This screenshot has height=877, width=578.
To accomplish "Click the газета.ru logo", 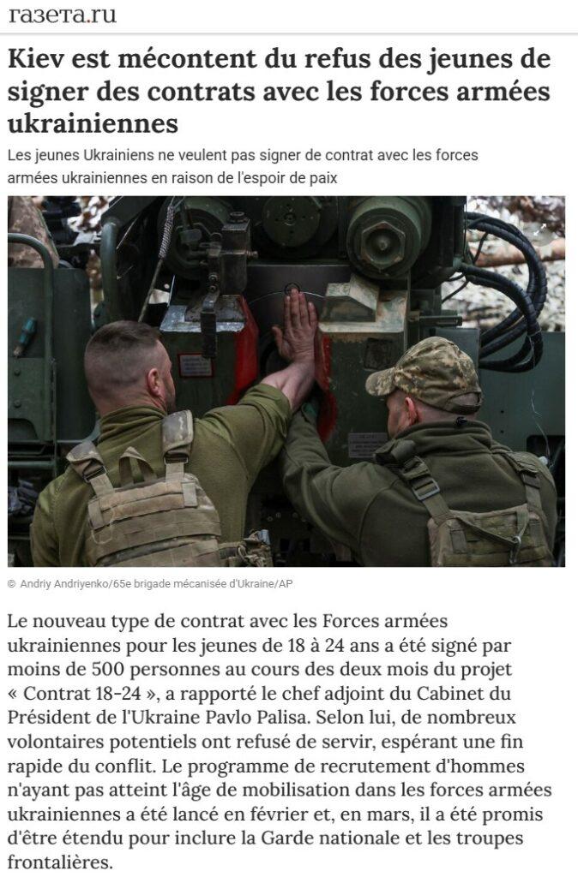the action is (x=62, y=15).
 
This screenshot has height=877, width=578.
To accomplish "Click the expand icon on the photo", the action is (x=540, y=229).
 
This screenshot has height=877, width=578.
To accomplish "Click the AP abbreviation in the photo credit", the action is (x=286, y=584).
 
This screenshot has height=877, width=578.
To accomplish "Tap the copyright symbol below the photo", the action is (x=12, y=584).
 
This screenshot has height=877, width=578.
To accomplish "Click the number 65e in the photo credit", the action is (x=122, y=584).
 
